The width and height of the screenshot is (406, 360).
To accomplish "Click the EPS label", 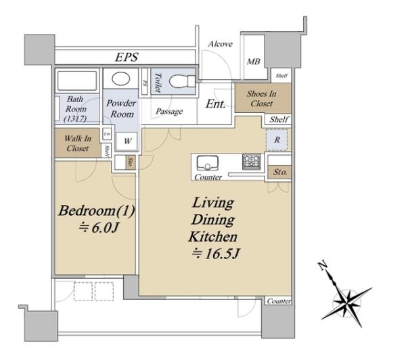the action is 127,58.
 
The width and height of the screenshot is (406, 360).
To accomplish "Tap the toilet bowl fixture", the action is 182,81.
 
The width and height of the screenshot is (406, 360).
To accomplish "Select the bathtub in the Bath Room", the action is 77,81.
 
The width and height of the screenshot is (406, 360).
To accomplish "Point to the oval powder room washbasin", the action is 121,78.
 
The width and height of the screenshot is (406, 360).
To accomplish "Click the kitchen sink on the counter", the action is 208,163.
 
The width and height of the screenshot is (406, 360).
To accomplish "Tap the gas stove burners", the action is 252,162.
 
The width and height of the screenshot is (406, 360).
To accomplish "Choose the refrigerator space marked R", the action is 277,140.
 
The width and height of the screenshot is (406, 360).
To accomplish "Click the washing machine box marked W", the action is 127,141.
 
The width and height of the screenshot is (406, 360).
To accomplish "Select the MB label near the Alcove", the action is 253,62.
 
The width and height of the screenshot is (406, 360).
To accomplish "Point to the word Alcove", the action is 221,44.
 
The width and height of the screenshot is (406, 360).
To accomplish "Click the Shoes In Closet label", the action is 261,99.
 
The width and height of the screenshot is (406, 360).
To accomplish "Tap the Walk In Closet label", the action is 78,143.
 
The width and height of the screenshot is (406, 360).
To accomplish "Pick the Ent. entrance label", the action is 215,104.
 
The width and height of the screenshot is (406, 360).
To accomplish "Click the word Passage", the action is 169,112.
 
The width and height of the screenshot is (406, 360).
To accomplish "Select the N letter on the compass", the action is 322,266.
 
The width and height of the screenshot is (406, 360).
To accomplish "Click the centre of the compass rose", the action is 346,302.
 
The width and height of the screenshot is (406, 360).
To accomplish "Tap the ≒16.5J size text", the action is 215,254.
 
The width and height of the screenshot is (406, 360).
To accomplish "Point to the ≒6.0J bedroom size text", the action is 98,228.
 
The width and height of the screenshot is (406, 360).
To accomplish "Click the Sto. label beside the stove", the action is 280,172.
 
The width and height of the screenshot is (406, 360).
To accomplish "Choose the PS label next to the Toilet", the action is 145,83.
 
